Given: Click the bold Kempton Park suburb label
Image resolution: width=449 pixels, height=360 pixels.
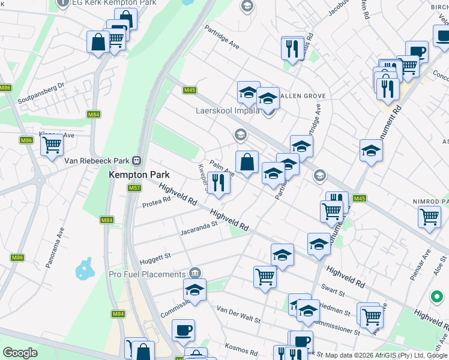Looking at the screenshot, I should [x=139, y=175].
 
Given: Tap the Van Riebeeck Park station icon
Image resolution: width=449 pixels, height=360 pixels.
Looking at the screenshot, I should [x=137, y=161].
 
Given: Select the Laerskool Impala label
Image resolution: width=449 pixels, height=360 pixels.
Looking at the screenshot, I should [x=228, y=110].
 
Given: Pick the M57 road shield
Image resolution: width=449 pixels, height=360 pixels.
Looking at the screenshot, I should [x=134, y=188].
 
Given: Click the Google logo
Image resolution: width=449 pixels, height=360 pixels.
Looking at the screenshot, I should [x=20, y=353].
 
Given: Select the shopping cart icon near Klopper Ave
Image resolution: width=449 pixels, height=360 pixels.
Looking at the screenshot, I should [x=52, y=144].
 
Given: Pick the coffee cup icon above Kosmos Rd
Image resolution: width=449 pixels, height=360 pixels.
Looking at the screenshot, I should [x=183, y=329].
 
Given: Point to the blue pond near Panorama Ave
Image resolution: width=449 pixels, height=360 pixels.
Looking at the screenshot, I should [x=85, y=269].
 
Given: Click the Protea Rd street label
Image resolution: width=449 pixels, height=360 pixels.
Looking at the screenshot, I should [x=157, y=205].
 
